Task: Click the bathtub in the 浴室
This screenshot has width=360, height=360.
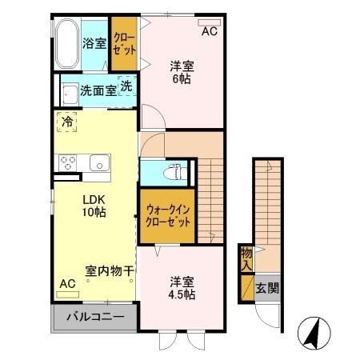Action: pyautogui.click(x=66, y=43)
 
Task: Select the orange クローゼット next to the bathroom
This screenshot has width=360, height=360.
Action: pyautogui.click(x=124, y=43)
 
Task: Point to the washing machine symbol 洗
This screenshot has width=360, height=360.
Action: pyautogui.click(x=126, y=86)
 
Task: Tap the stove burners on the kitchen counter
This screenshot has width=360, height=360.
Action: pyautogui.click(x=66, y=161)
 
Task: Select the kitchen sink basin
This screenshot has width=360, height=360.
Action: pyautogui.click(x=99, y=161)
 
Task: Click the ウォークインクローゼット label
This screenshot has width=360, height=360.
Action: pyautogui.click(x=169, y=216)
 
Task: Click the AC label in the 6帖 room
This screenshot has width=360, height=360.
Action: pyautogui.click(x=209, y=32)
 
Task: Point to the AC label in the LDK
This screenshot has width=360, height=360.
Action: pyautogui.click(x=67, y=284)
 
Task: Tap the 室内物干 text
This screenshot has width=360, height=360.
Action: pyautogui.click(x=109, y=270)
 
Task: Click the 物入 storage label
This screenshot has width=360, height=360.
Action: pyautogui.click(x=246, y=258)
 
